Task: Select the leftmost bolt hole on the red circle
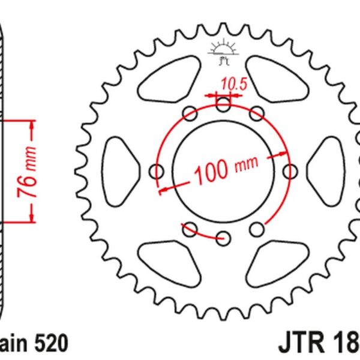pos(158,172)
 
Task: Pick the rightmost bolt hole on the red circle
pos(292,172)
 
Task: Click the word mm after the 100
pos(246,163)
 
